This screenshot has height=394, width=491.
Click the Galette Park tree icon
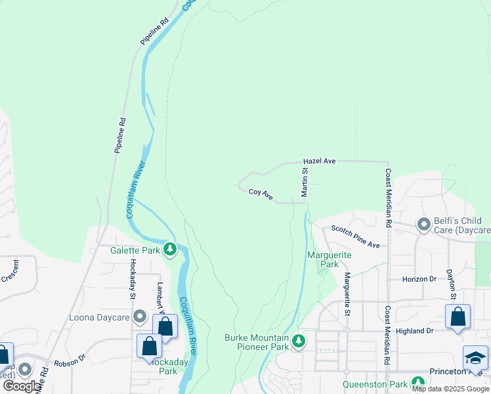click(171, 249)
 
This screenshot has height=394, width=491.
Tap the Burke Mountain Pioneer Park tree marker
click(299, 341)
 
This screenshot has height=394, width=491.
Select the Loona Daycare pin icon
click(139, 318)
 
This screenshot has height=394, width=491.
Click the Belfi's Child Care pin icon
click(424, 225)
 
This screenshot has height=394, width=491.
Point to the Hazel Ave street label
click(319, 161)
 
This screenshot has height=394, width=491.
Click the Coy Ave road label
click(261, 193)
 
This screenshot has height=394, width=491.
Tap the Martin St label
click(305, 182)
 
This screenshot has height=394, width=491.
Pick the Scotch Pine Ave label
click(355, 236)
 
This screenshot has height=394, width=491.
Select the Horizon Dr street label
click(419, 279)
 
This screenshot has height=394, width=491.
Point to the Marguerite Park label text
click(330, 259)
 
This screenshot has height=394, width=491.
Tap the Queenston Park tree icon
click(418, 383)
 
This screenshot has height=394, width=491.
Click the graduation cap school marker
click(475, 359)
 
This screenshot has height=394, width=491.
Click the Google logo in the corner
click(22, 385)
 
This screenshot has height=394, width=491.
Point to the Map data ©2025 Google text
click(451, 389)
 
